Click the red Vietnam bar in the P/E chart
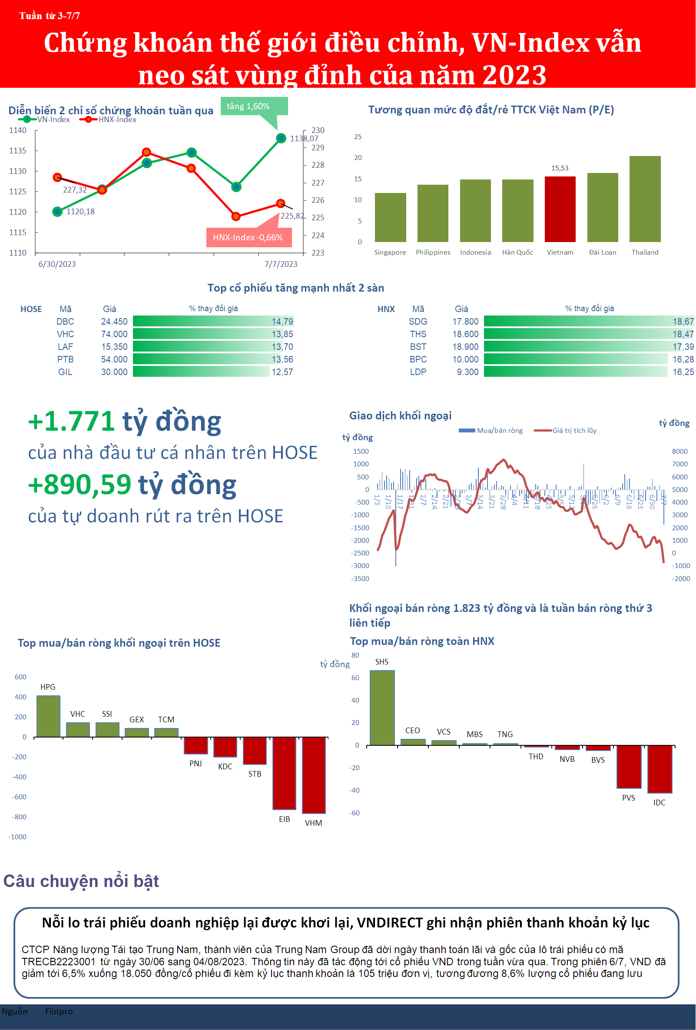[560, 209]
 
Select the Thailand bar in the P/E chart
[645, 199]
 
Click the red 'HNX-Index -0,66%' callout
[248, 238]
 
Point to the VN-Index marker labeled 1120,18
[57, 212]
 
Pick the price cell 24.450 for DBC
[114, 322]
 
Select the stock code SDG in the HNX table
[418, 322]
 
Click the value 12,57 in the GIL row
[282, 372]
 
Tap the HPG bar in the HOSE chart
[48, 716]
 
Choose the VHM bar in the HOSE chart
[314, 775]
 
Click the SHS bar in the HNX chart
[382, 708]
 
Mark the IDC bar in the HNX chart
[660, 769]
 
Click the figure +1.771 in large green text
[71, 422]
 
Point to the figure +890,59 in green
[80, 485]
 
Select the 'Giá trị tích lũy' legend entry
[574, 431]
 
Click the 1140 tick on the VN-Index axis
[18, 130]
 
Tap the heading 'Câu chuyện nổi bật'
[81, 881]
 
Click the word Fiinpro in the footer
[59, 1011]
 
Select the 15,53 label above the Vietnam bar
[560, 169]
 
